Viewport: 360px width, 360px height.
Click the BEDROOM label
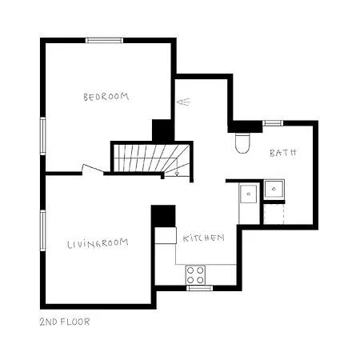point(106,97)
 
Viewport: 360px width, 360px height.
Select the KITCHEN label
point(203,238)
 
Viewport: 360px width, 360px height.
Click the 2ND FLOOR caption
point(65,322)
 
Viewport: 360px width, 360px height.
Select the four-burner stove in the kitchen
point(196,274)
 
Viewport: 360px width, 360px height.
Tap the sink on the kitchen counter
point(249,194)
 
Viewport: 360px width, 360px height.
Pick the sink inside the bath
point(277,190)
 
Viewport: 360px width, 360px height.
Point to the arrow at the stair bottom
point(176,170)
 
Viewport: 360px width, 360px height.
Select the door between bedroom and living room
point(92,169)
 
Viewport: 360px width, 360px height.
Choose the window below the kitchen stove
point(199,288)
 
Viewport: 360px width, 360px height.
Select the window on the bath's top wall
point(273,123)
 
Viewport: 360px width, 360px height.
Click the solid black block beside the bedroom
point(162,130)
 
